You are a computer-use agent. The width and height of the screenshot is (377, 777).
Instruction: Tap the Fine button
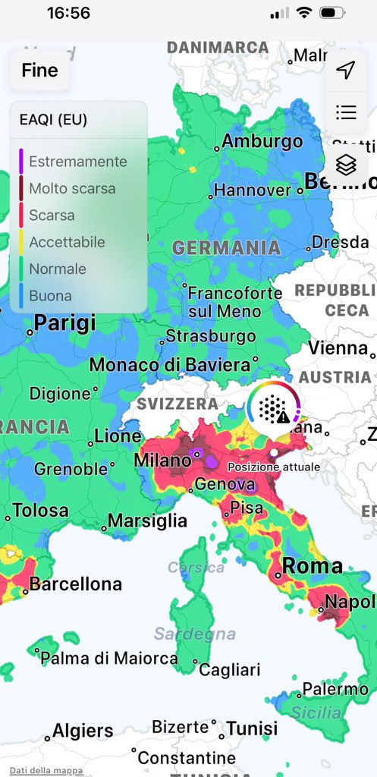(x=39, y=71)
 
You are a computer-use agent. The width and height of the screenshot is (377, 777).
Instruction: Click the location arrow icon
(x=346, y=71)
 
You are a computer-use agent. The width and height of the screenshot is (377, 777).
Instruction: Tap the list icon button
(x=346, y=113)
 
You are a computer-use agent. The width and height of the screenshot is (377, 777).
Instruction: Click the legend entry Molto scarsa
(x=72, y=188)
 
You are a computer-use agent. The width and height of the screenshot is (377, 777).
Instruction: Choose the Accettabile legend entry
(x=67, y=242)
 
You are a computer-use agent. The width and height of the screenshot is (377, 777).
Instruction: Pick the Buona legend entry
(x=50, y=296)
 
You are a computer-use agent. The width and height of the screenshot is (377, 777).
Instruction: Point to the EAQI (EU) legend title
(x=53, y=120)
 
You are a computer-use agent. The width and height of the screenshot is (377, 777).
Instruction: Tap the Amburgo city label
(x=262, y=141)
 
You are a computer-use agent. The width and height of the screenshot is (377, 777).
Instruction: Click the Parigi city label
(x=65, y=324)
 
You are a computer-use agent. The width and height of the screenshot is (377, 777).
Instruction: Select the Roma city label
(x=312, y=566)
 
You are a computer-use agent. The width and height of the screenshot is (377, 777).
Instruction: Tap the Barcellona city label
(x=75, y=584)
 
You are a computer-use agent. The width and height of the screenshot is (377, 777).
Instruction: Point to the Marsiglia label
(x=147, y=521)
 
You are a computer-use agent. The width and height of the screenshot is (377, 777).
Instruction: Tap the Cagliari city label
(x=229, y=669)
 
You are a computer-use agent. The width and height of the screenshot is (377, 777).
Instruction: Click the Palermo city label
(x=335, y=689)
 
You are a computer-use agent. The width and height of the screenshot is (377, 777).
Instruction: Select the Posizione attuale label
(x=274, y=467)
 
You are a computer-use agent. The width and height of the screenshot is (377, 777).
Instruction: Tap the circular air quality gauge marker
(x=273, y=408)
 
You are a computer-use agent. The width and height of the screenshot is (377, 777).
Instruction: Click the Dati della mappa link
(x=46, y=771)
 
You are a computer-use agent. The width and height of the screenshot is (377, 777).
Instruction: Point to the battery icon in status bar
(x=332, y=13)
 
